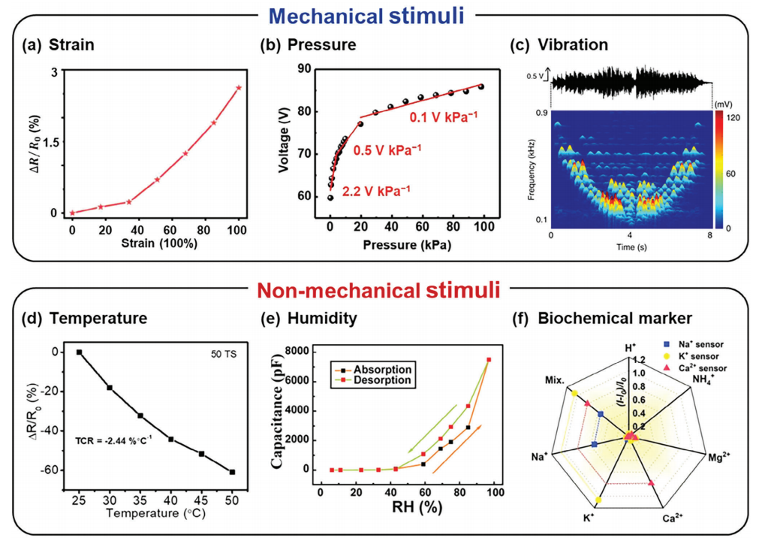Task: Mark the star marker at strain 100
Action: click(x=239, y=88)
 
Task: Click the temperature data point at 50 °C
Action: click(x=232, y=472)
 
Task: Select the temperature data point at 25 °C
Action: click(x=79, y=352)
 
